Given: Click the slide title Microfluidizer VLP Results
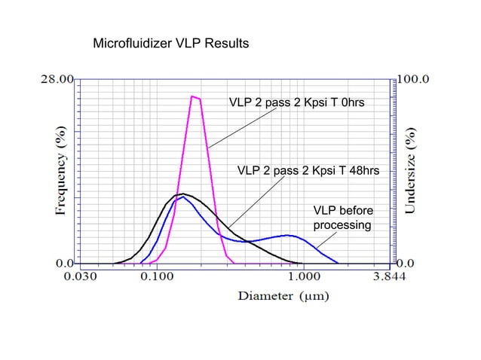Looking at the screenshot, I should click(x=170, y=44).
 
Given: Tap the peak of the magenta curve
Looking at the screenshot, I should click(x=195, y=96).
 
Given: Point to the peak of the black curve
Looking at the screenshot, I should click(x=181, y=194).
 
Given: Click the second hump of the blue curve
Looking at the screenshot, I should click(x=287, y=235).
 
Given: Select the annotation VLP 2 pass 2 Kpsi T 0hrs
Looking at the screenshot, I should click(x=296, y=102).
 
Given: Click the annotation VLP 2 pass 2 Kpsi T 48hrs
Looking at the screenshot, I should click(x=308, y=171).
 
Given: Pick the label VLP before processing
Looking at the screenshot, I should click(x=342, y=218).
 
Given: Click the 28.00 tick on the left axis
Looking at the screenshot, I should click(x=56, y=78).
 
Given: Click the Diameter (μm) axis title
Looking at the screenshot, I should click(x=283, y=296).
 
